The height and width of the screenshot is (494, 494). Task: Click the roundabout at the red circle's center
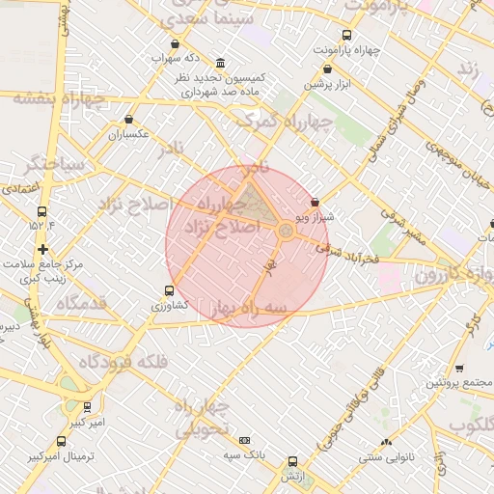(287, 232)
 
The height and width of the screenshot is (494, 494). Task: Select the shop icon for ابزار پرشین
(327, 69)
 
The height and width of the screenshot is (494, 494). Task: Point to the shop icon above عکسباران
(128, 120)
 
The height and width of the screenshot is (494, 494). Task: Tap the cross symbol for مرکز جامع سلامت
(41, 249)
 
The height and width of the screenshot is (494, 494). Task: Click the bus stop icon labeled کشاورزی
(169, 290)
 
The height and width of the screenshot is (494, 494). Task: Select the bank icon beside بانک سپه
(244, 439)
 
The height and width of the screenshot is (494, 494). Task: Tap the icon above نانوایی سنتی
(386, 442)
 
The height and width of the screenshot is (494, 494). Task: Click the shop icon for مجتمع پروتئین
(459, 368)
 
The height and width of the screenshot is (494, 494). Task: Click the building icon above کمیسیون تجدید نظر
(221, 62)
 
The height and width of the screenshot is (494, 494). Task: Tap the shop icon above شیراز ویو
(315, 203)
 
